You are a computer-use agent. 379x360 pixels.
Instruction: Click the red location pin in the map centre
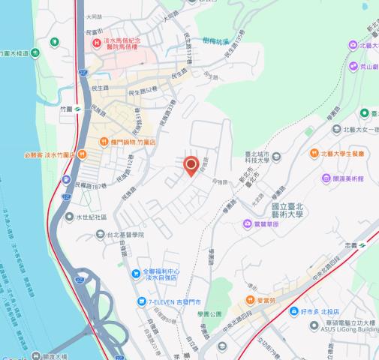click(191, 165)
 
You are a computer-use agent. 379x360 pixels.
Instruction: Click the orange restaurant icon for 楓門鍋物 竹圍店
click(104, 141)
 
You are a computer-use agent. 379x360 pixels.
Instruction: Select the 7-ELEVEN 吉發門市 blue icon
click(140, 301)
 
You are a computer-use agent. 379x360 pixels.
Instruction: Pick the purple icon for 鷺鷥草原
click(247, 223)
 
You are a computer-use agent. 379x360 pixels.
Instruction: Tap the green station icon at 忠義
click(362, 244)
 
